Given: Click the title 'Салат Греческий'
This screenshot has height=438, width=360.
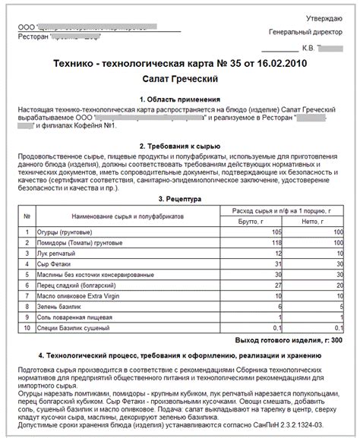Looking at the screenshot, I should tap(180, 79).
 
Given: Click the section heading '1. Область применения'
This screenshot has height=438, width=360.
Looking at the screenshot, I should tap(180, 99).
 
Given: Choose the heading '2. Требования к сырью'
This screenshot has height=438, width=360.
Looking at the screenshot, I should tap(180, 145).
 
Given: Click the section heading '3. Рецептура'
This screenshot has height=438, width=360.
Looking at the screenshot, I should tap(180, 199).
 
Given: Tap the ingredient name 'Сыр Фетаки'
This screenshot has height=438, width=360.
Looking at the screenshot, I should tap(55, 263).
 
